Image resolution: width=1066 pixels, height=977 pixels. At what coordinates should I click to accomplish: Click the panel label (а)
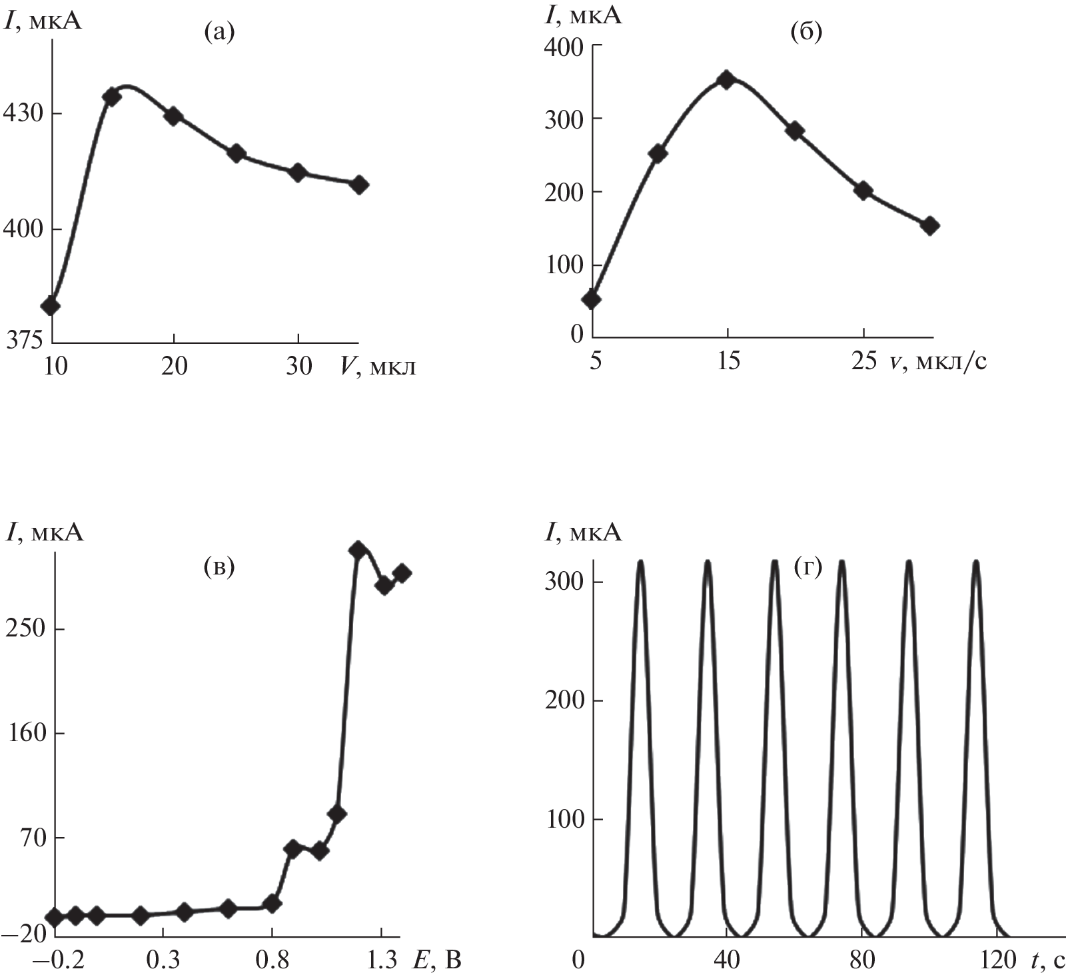220,31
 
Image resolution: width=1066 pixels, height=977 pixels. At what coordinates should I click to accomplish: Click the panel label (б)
805,31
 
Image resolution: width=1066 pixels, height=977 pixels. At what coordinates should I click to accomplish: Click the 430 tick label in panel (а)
25,114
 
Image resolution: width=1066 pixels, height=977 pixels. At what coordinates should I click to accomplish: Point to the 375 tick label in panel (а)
24,340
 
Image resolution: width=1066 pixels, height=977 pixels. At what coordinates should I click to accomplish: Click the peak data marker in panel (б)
727,80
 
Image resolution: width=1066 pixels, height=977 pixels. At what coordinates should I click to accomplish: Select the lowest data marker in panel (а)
51,306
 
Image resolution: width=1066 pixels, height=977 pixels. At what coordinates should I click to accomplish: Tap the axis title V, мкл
377,366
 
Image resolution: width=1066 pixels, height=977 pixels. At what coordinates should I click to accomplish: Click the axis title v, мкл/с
937,362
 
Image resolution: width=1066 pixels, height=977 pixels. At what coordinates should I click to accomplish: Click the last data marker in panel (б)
930,226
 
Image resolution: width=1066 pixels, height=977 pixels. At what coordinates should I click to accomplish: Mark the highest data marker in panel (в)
358,550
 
